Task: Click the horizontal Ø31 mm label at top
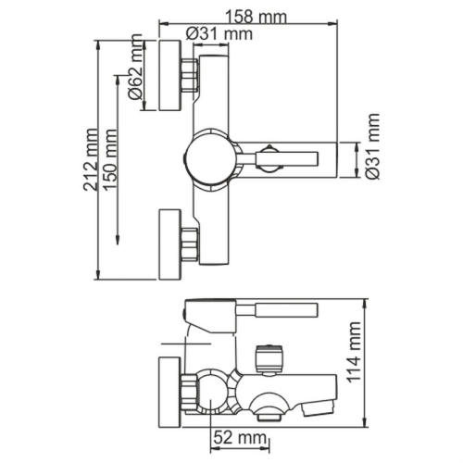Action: tap(219, 34)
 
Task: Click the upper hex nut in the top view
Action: tap(192, 75)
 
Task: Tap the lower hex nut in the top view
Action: tap(192, 244)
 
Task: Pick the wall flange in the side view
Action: tap(169, 385)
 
